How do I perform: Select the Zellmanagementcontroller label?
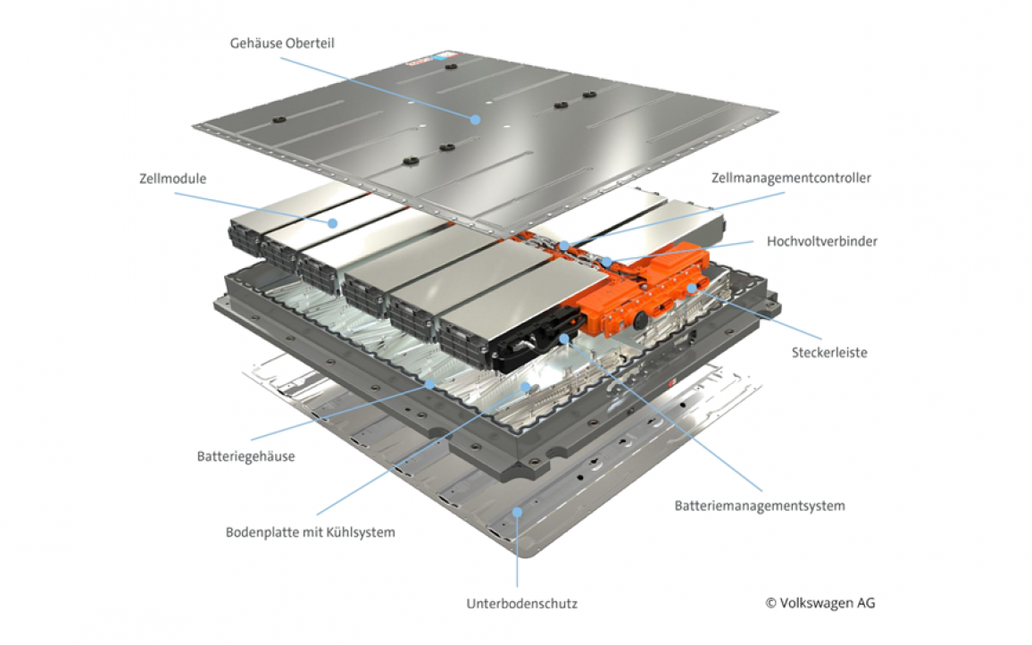click(790, 178)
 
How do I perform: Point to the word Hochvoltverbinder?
click(821, 241)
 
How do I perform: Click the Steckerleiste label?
click(829, 352)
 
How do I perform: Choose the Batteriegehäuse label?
click(246, 457)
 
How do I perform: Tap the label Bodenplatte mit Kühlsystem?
click(310, 532)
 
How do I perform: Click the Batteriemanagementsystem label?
click(759, 506)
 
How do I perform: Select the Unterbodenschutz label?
click(521, 603)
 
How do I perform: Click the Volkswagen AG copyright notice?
click(820, 602)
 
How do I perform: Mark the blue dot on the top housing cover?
click(476, 119)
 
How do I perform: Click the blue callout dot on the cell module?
click(332, 222)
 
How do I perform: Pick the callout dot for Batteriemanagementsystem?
click(563, 339)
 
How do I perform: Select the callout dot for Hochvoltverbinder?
click(606, 262)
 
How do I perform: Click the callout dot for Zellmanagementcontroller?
click(564, 243)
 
